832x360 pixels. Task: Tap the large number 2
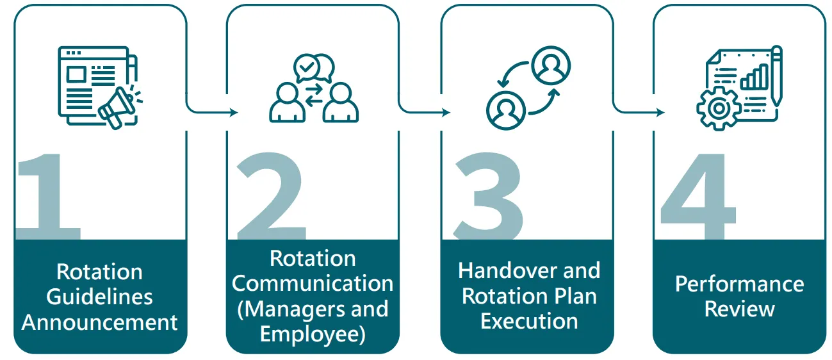pos(269,195)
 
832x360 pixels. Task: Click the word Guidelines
pos(99,297)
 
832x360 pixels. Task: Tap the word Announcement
pos(99,322)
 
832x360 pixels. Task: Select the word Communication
pos(313,284)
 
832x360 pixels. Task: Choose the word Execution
pos(529,320)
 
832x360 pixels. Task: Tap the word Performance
pos(739,284)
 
